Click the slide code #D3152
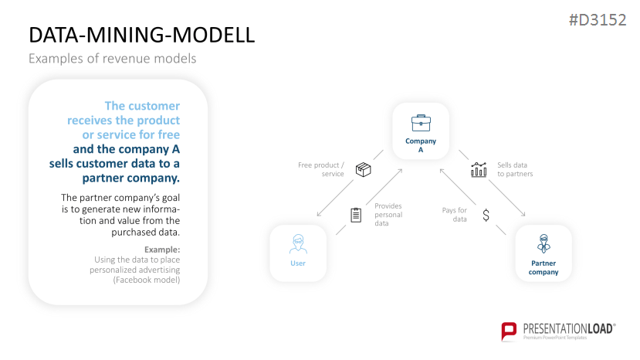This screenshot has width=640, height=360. (x=597, y=21)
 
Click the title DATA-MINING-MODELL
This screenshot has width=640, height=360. (x=141, y=36)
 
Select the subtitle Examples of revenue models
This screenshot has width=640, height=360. (x=112, y=59)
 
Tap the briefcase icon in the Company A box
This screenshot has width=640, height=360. (x=421, y=122)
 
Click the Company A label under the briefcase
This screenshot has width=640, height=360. (x=421, y=145)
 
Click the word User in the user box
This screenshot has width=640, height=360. (x=298, y=263)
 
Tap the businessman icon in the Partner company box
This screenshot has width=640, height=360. (x=543, y=244)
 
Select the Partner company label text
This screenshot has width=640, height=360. (x=543, y=267)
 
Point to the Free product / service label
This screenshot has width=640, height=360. (x=322, y=169)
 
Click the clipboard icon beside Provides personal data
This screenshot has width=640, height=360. (x=356, y=215)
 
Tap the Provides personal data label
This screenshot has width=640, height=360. (x=388, y=214)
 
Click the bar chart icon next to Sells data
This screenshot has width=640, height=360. (x=479, y=169)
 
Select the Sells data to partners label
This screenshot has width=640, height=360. (x=515, y=169)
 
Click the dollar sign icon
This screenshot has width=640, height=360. (x=486, y=216)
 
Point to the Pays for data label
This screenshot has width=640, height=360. (x=455, y=215)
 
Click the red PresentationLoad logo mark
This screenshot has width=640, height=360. (x=509, y=331)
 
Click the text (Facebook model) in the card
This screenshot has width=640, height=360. (x=146, y=280)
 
